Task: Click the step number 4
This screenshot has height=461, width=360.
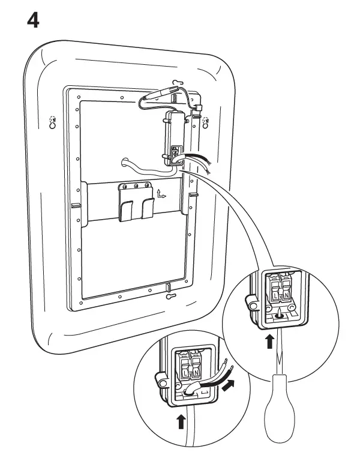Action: click(x=34, y=20)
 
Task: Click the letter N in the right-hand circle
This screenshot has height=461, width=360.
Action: click(x=286, y=296)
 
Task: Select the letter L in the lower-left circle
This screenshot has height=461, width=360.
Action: click(x=183, y=373)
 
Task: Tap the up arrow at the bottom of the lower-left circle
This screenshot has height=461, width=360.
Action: click(x=181, y=422)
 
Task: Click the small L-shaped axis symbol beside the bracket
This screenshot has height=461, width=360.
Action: click(x=161, y=194)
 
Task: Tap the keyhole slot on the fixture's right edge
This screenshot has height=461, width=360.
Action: click(x=207, y=121)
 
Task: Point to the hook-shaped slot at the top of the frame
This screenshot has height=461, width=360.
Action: click(x=178, y=82)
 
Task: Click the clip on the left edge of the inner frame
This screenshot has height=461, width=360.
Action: click(x=76, y=205)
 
